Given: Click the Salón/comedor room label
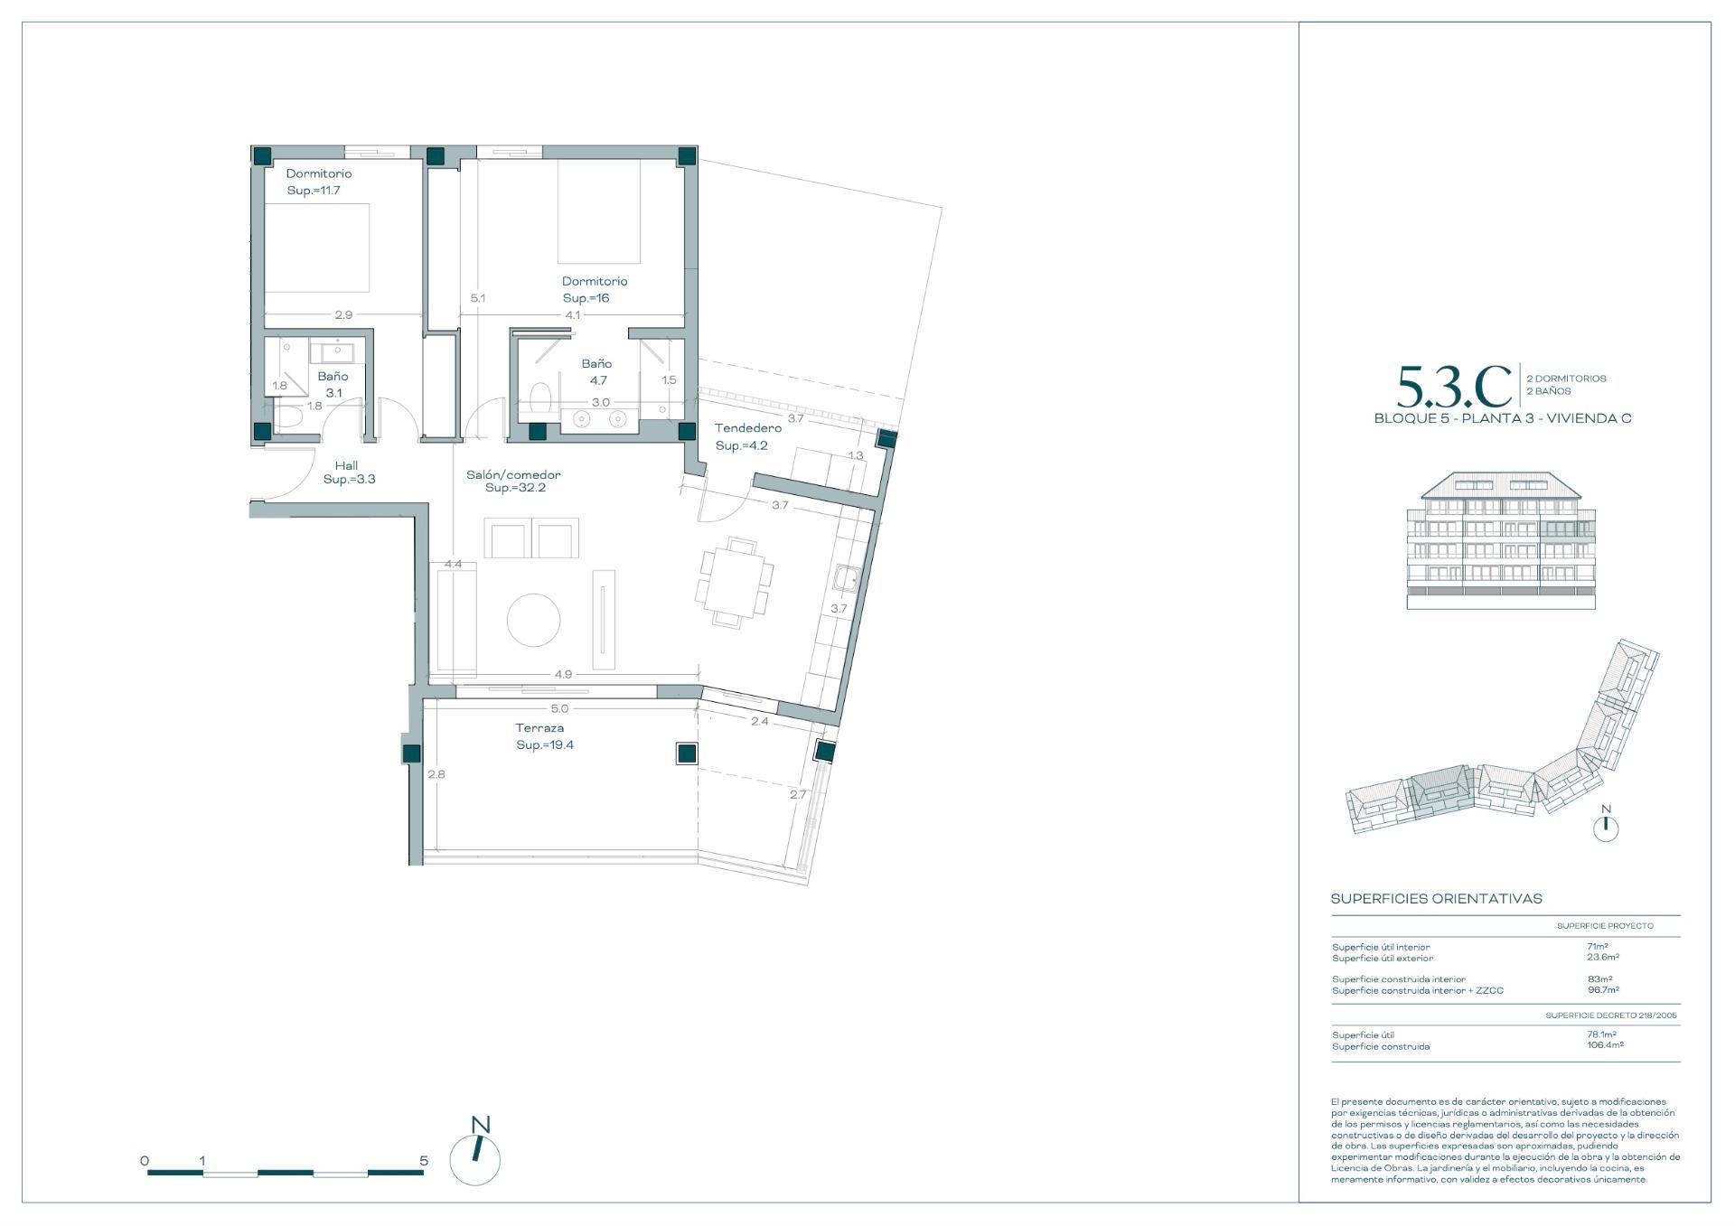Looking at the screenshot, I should pyautogui.click(x=513, y=474).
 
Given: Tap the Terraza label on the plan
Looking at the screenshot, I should pyautogui.click(x=539, y=728).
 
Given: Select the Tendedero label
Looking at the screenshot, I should pyautogui.click(x=747, y=428).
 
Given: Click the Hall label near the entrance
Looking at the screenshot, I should pyautogui.click(x=346, y=466).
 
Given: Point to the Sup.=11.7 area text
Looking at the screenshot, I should pyautogui.click(x=314, y=191).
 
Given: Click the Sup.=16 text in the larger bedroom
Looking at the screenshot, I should pyautogui.click(x=586, y=298).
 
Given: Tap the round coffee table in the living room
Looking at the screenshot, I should pyautogui.click(x=533, y=620).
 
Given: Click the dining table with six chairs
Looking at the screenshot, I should pyautogui.click(x=734, y=583).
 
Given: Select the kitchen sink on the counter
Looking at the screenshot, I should pyautogui.click(x=846, y=577).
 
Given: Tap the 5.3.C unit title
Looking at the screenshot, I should pyautogui.click(x=1454, y=388).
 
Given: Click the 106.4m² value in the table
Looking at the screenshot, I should pyautogui.click(x=1605, y=1045).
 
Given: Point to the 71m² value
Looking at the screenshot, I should pyautogui.click(x=1597, y=947).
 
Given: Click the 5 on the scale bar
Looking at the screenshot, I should pyautogui.click(x=424, y=1161).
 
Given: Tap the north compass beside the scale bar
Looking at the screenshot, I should pyautogui.click(x=475, y=1159).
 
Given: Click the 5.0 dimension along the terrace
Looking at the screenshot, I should pyautogui.click(x=559, y=709).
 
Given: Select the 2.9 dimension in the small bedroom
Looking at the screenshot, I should pyautogui.click(x=343, y=315).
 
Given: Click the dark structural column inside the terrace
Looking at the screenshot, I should pyautogui.click(x=687, y=753).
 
